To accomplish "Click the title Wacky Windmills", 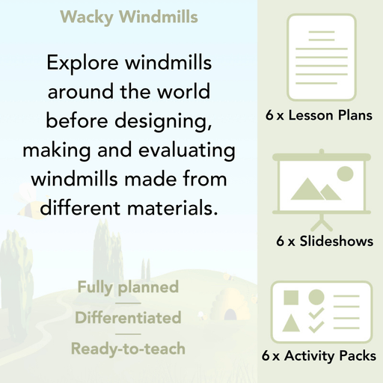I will tap(128, 16).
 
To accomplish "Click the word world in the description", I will tap(183, 92).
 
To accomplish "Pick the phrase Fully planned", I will tap(127, 287).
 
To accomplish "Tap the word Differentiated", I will tap(127, 318).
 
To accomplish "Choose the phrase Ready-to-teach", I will tap(127, 349).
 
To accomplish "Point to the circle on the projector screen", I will tap(344, 174).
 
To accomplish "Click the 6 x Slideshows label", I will tap(324, 242).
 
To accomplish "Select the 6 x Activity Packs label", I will tap(319, 356).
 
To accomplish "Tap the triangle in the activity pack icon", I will tap(291, 323).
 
